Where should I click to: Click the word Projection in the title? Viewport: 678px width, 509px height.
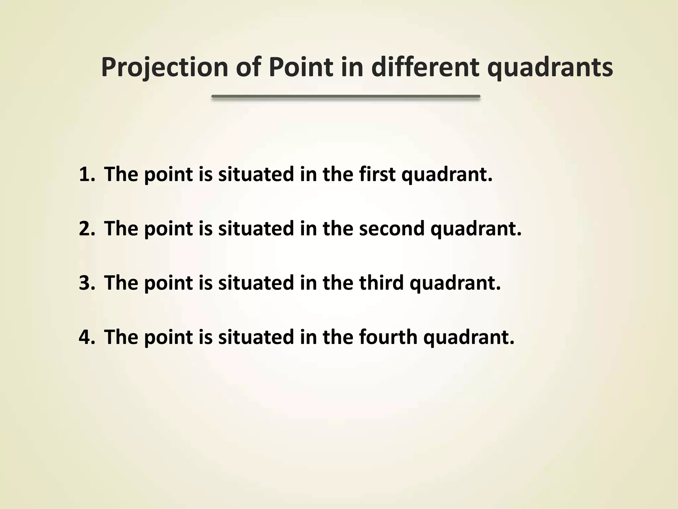point(165,67)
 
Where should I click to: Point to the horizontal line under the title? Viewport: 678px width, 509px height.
point(346,96)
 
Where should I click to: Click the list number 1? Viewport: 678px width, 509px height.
point(87,174)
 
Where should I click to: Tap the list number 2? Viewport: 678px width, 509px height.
point(87,229)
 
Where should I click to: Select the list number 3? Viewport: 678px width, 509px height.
point(87,283)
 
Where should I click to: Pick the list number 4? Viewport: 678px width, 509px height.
point(87,337)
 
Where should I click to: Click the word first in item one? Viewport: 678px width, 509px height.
point(377,174)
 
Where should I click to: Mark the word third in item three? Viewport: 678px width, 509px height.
point(381,283)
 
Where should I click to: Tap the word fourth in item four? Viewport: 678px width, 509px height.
point(388,337)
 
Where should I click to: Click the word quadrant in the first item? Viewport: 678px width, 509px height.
point(447,175)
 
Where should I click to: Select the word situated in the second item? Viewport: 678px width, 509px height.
point(256,229)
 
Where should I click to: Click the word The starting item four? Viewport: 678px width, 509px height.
point(121,337)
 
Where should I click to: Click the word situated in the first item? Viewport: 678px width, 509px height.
point(256,174)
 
